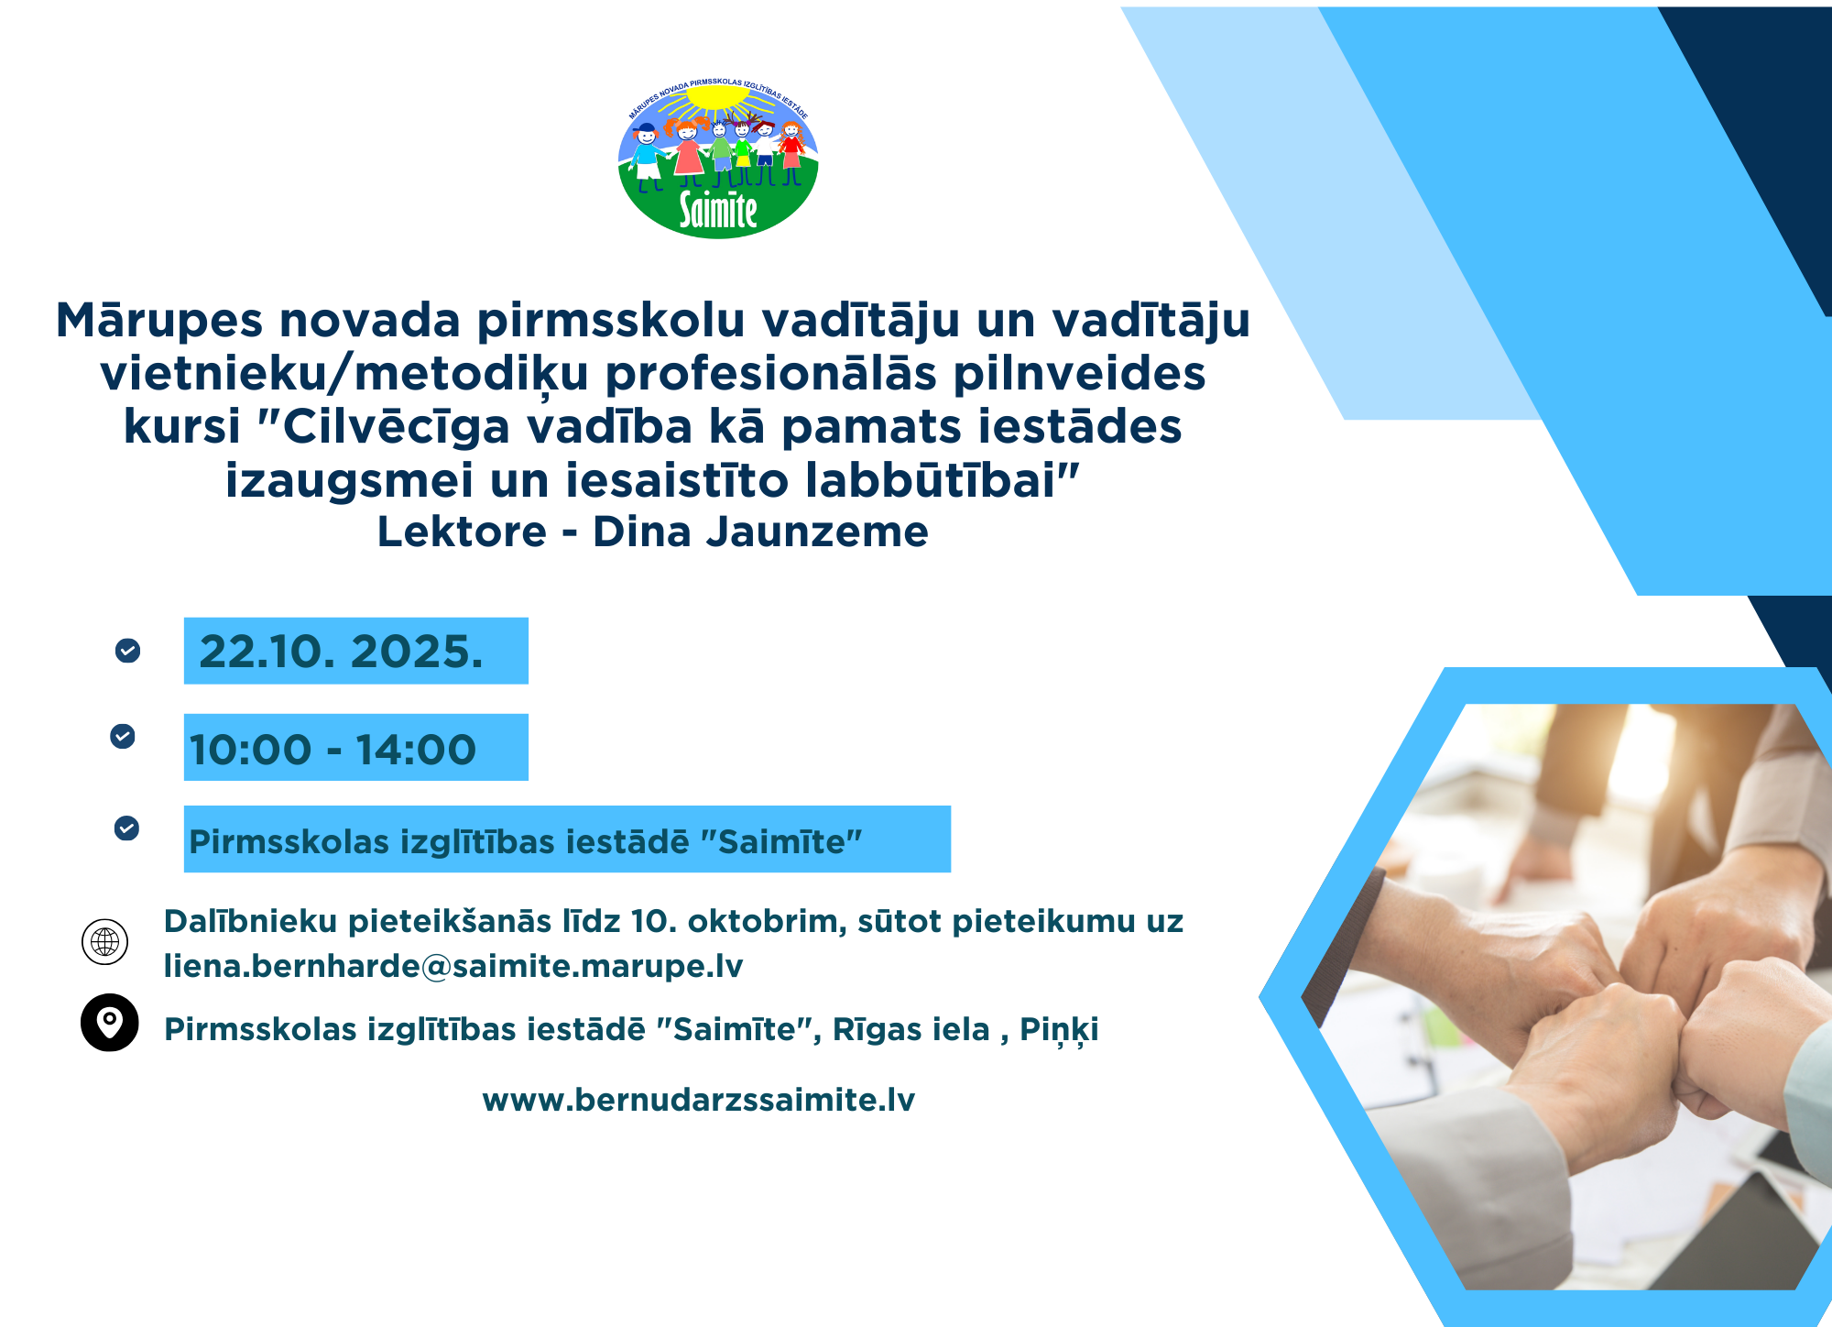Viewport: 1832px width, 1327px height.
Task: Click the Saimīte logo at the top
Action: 718,158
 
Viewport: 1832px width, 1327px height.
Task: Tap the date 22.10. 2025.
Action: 341,652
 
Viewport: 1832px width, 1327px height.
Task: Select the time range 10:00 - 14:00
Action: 333,750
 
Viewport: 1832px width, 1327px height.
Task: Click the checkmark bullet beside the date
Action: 127,651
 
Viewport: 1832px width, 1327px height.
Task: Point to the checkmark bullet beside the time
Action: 123,736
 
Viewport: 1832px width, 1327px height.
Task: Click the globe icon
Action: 105,941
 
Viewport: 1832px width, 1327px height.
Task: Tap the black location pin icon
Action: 110,1022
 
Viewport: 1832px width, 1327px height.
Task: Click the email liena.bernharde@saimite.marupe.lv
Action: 453,966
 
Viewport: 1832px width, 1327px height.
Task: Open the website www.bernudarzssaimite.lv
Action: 699,1100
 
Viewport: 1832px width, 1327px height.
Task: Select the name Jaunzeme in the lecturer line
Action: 817,532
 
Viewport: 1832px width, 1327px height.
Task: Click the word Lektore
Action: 462,532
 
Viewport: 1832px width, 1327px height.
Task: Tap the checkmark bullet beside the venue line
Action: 126,828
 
